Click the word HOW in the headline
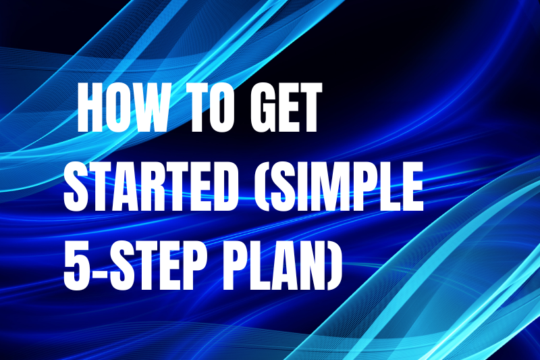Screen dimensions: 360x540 click(121, 108)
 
